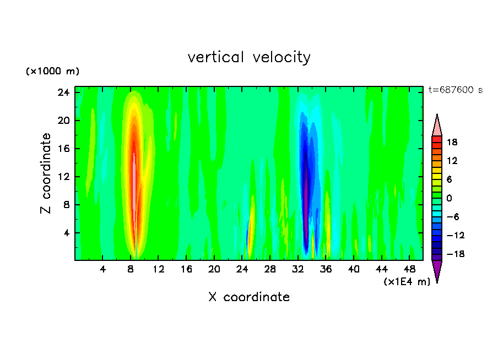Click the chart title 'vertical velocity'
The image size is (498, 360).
point(249,57)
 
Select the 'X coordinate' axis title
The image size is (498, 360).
point(249,297)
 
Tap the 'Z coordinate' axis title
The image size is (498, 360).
point(46,173)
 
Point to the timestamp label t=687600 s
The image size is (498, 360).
point(455,90)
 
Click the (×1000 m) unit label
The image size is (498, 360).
point(52,72)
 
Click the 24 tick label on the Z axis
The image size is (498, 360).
point(63,92)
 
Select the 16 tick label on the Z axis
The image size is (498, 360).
point(63,149)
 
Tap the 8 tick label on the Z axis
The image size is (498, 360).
point(66,205)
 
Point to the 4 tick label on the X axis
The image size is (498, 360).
point(102,270)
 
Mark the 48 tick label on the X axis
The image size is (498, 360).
point(409,270)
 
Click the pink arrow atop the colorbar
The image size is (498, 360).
point(437,126)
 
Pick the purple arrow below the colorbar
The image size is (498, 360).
point(437,270)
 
